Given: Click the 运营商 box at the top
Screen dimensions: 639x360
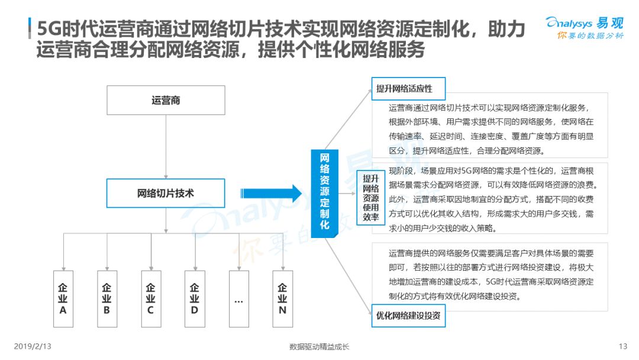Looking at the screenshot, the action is [166, 100].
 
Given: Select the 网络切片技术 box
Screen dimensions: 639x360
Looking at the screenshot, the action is [166, 193].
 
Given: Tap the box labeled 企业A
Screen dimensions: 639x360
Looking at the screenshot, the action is [63, 299].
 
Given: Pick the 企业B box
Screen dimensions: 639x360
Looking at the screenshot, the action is [107, 299].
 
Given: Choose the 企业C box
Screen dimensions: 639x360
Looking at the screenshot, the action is [151, 299].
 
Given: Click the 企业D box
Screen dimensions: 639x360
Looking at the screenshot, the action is [195, 299].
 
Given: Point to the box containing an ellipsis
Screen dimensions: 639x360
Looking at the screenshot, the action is [239, 299].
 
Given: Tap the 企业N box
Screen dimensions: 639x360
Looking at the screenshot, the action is [283, 299].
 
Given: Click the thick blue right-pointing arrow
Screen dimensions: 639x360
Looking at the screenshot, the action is [271, 193].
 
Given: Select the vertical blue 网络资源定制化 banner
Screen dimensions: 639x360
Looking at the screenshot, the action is [324, 194].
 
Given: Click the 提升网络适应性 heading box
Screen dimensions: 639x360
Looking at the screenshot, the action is [408, 88].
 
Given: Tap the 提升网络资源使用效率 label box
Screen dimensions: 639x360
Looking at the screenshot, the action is [371, 198].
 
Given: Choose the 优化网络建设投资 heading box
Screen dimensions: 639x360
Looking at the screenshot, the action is [408, 316].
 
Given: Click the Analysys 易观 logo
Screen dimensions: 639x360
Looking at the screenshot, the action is [585, 23].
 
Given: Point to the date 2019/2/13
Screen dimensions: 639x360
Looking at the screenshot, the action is [33, 346].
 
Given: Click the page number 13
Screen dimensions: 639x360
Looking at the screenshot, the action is [622, 346].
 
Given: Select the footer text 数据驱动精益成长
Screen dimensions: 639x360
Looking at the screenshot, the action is [319, 347].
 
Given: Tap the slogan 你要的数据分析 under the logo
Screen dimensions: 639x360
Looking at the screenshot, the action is [590, 36].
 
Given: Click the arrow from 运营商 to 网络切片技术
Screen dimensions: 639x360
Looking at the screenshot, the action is [166, 147].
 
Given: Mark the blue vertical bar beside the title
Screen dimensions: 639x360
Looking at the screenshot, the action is [30, 28].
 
